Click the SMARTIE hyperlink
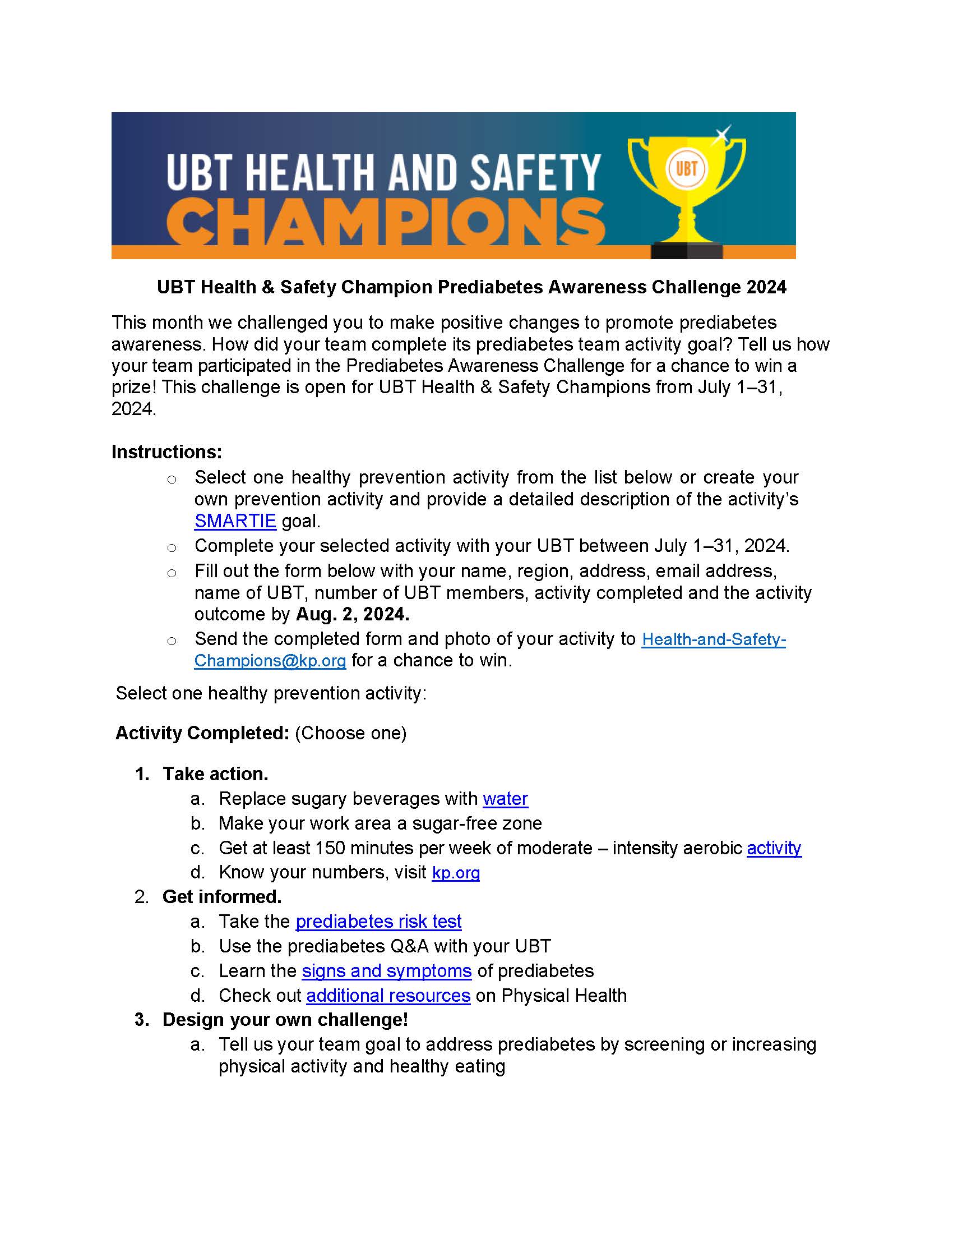(x=235, y=521)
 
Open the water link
(x=505, y=798)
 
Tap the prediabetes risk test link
(x=378, y=921)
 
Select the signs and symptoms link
(x=386, y=970)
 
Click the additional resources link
(x=388, y=995)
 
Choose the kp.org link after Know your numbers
(x=456, y=872)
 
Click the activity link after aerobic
(x=774, y=848)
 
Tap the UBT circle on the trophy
(x=687, y=169)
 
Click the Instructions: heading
(x=166, y=452)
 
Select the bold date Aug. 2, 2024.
(x=352, y=614)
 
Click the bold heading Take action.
(x=215, y=773)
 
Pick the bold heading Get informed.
(x=222, y=896)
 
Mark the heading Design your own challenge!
(x=285, y=1019)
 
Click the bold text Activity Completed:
(x=202, y=733)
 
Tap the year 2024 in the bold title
(x=766, y=287)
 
